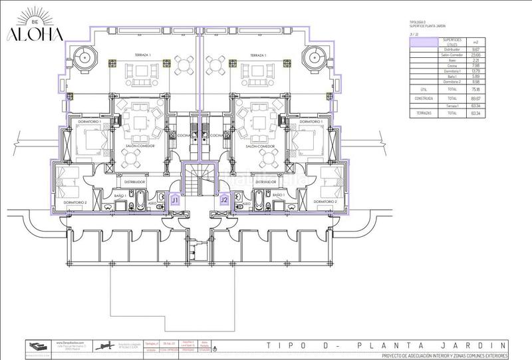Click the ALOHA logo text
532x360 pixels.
pos(37,34)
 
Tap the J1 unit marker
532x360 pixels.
pos(175,199)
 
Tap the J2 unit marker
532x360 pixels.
pos(224,199)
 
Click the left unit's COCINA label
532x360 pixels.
pos(184,135)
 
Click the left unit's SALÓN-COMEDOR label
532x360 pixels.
pos(139,146)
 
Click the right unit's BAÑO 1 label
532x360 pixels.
pos(277,195)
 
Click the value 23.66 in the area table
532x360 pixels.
pos(475,55)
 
